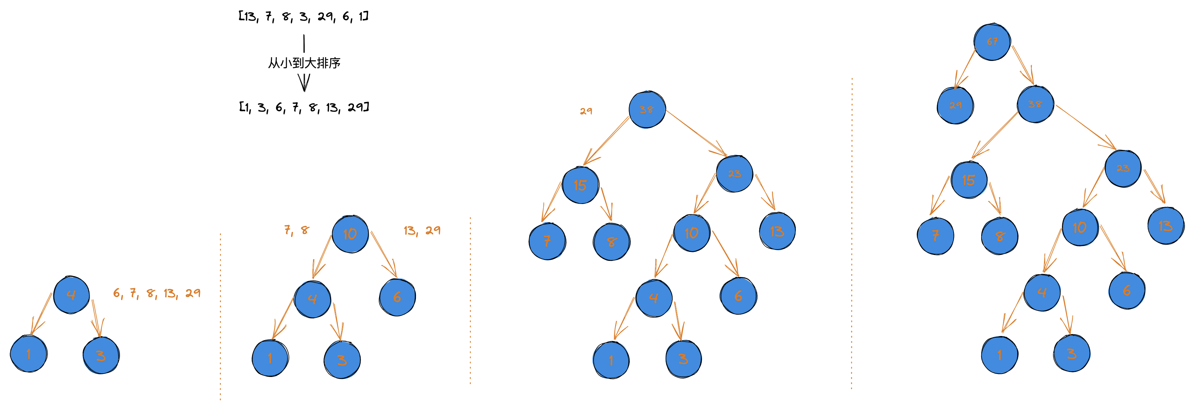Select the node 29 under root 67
point(955,105)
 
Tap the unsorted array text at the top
point(303,17)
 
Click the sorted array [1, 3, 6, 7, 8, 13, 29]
point(303,107)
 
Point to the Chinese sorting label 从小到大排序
point(304,63)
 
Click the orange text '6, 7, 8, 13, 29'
point(157,293)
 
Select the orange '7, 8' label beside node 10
point(296,230)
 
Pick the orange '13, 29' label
point(422,230)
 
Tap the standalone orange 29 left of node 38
point(586,111)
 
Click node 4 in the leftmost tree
point(71,295)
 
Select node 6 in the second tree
point(397,297)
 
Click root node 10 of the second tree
point(350,234)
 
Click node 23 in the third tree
point(734,174)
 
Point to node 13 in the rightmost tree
point(1165,226)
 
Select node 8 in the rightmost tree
point(999,236)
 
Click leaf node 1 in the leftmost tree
point(28,354)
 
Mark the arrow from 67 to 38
point(1023,65)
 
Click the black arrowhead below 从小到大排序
point(304,83)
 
